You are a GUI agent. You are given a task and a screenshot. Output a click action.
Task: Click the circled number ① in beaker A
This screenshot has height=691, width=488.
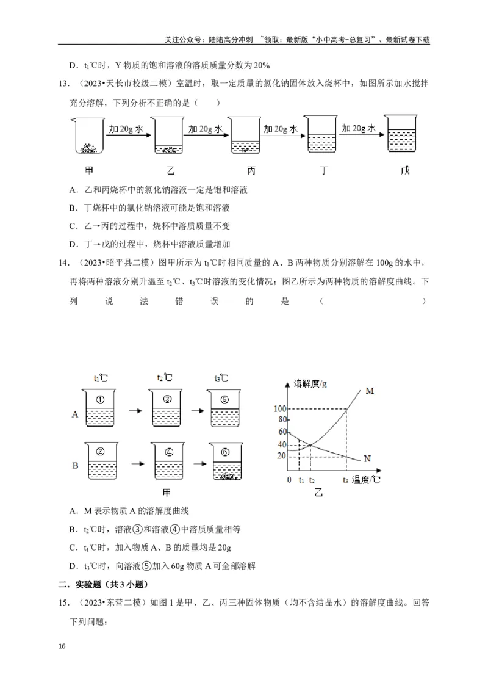[101, 400]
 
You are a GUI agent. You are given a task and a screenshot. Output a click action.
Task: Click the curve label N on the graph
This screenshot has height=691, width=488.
[367, 458]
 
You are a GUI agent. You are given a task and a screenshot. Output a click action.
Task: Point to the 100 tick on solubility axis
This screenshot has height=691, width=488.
[280, 408]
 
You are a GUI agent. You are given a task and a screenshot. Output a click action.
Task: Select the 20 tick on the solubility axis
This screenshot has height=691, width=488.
[281, 456]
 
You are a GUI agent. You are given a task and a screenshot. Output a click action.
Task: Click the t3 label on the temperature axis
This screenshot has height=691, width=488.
[346, 480]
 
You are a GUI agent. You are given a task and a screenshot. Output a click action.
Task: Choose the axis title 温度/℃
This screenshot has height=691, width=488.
[365, 480]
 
